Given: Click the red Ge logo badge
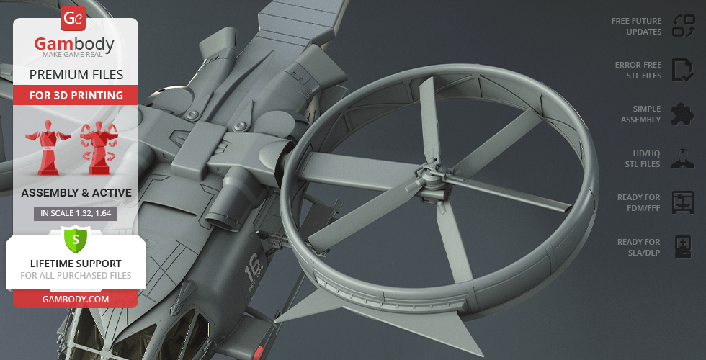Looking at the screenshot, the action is click(73, 18).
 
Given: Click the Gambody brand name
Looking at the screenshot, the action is click(74, 44).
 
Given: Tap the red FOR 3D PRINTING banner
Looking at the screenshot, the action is click(76, 95).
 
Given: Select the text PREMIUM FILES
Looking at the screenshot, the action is click(76, 75).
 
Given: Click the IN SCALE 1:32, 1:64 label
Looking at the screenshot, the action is click(76, 213).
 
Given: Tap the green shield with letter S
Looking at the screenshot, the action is click(75, 240).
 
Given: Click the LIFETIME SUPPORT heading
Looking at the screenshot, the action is click(76, 264).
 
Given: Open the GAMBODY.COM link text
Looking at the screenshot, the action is click(76, 299).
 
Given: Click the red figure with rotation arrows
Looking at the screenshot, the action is click(99, 148).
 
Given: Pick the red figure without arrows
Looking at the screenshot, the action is click(48, 148).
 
